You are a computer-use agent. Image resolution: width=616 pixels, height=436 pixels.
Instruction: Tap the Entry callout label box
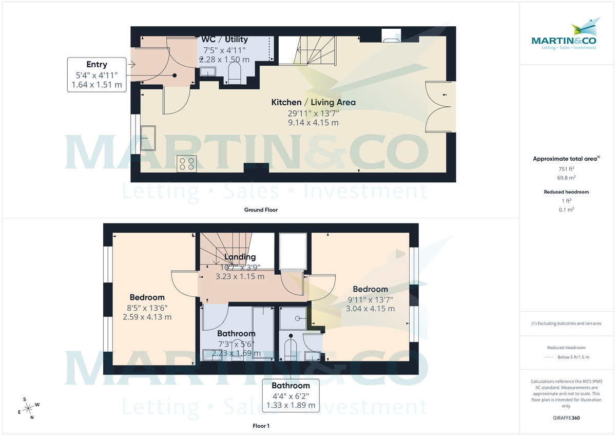tap(97, 75)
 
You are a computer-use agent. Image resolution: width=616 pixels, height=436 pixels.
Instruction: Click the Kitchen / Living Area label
tap(313, 103)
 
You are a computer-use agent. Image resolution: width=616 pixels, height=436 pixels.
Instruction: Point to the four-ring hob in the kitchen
tap(185, 163)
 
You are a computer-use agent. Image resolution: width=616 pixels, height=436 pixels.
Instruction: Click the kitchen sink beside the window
tap(148, 137)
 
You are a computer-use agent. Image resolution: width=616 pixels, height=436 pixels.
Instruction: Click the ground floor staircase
tap(306, 50)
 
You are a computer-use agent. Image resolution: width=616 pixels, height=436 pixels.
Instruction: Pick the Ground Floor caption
tap(261, 210)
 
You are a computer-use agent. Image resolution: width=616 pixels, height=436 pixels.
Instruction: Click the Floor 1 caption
tap(261, 426)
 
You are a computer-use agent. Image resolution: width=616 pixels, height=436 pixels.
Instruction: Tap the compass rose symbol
tap(29, 408)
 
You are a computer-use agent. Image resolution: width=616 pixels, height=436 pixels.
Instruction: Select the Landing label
tap(240, 257)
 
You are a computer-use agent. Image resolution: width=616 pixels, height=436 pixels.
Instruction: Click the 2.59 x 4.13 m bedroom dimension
tap(147, 317)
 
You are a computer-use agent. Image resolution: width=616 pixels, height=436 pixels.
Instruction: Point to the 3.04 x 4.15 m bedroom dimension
tap(370, 309)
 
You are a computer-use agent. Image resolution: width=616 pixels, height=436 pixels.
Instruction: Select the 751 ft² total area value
tap(566, 168)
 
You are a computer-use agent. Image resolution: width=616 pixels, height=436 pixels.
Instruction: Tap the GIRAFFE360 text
tap(566, 418)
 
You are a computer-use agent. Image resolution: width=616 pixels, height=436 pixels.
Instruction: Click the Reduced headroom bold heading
tap(566, 192)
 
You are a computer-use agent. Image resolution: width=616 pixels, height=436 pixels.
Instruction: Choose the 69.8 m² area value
tap(566, 178)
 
